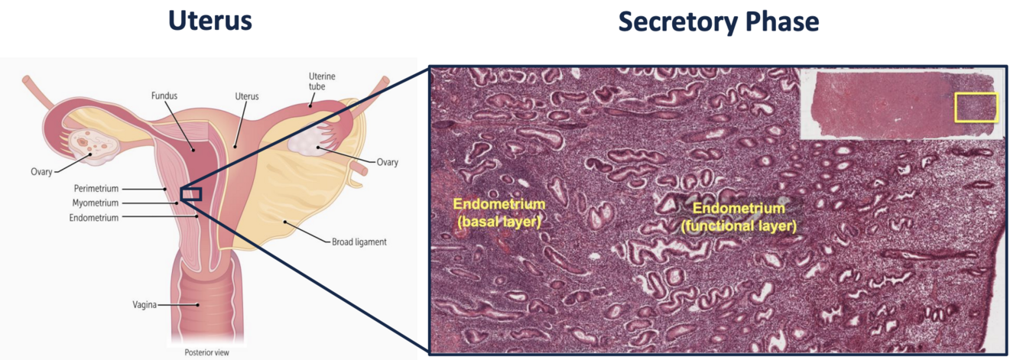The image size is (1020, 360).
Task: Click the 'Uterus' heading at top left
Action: [210, 21]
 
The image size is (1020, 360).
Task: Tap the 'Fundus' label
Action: [164, 96]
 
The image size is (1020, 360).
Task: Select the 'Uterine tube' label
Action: [321, 82]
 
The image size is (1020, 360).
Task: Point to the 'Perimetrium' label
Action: [95, 188]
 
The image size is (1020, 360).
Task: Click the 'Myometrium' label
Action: [96, 203]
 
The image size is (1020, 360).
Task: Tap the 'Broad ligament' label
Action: [359, 242]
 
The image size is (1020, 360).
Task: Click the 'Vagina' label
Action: [144, 305]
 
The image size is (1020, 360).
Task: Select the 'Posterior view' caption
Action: [206, 353]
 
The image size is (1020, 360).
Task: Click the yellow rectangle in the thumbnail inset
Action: [976, 108]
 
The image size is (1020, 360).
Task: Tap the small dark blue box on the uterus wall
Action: [190, 193]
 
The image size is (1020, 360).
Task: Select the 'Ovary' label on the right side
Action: [388, 162]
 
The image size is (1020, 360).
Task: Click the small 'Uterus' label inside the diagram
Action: [247, 96]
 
